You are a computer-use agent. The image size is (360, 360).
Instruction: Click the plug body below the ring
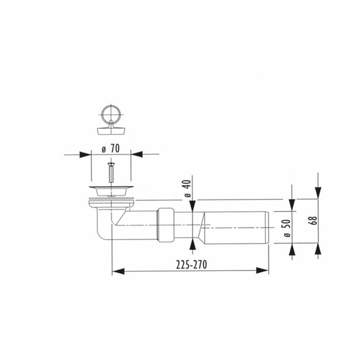point(111,127)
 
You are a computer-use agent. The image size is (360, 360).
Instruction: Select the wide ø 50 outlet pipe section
point(237,225)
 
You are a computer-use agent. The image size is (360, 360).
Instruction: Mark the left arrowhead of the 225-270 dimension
point(116,271)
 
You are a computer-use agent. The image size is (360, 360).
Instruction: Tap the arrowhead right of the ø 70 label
point(135,155)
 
